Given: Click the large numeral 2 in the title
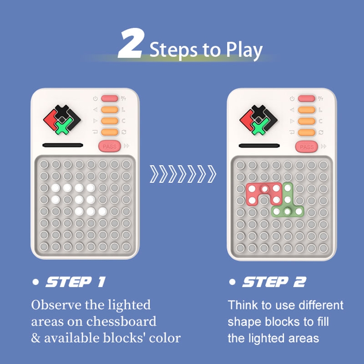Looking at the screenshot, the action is tap(131, 43).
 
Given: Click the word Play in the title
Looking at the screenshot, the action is tap(244, 51).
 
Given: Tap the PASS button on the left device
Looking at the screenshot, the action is tap(110, 146).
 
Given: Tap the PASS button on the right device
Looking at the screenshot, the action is tap(306, 147).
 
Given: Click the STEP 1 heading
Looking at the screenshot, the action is tap(76, 282).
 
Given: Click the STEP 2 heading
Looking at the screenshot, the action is tap(274, 282).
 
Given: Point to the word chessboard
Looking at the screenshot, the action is tap(121, 322).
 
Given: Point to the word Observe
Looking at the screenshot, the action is tap(56, 305).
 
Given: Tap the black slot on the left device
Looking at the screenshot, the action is tap(63, 145).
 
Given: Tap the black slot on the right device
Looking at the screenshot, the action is tap(259, 146).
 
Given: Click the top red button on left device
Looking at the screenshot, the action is tap(110, 98).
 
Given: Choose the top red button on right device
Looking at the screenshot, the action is tap(306, 98).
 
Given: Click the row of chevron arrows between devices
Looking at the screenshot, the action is tap(183, 174).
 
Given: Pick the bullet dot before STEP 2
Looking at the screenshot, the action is tap(232, 282).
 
